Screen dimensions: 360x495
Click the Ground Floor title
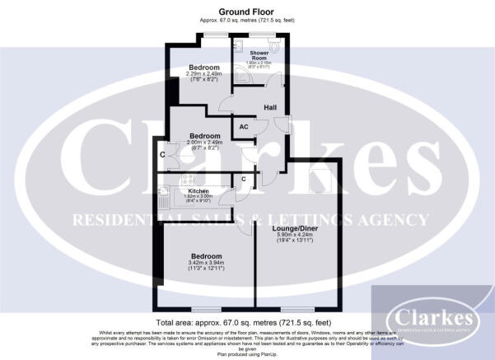pos(247,10)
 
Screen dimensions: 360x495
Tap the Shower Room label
pos(260,56)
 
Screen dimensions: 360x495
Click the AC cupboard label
pos(244,127)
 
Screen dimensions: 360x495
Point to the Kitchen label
pos(187,190)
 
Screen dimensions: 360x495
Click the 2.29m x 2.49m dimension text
pos(204,74)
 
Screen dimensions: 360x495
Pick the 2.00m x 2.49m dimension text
pos(204,143)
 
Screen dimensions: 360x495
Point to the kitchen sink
pos(164,196)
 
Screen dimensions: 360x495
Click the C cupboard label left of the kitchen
pos(162,154)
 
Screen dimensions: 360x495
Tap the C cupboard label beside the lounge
pos(244,180)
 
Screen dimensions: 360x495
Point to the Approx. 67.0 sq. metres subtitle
pos(247,19)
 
